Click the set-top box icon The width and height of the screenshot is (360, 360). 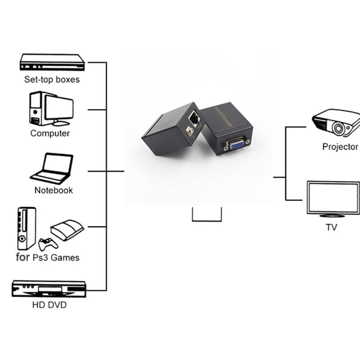tap(51, 62)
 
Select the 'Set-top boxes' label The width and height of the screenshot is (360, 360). tap(52, 80)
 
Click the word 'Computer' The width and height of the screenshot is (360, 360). tap(50, 133)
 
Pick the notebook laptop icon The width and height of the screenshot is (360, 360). tap(52, 168)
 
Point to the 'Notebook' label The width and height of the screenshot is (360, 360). tap(53, 190)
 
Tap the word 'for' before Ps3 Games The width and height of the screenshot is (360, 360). tap(22, 258)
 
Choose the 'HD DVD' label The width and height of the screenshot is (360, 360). tap(49, 305)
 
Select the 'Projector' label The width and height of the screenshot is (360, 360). tap(340, 147)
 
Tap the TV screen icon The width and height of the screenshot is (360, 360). tap(333, 198)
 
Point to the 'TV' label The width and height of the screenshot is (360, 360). tap(331, 227)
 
